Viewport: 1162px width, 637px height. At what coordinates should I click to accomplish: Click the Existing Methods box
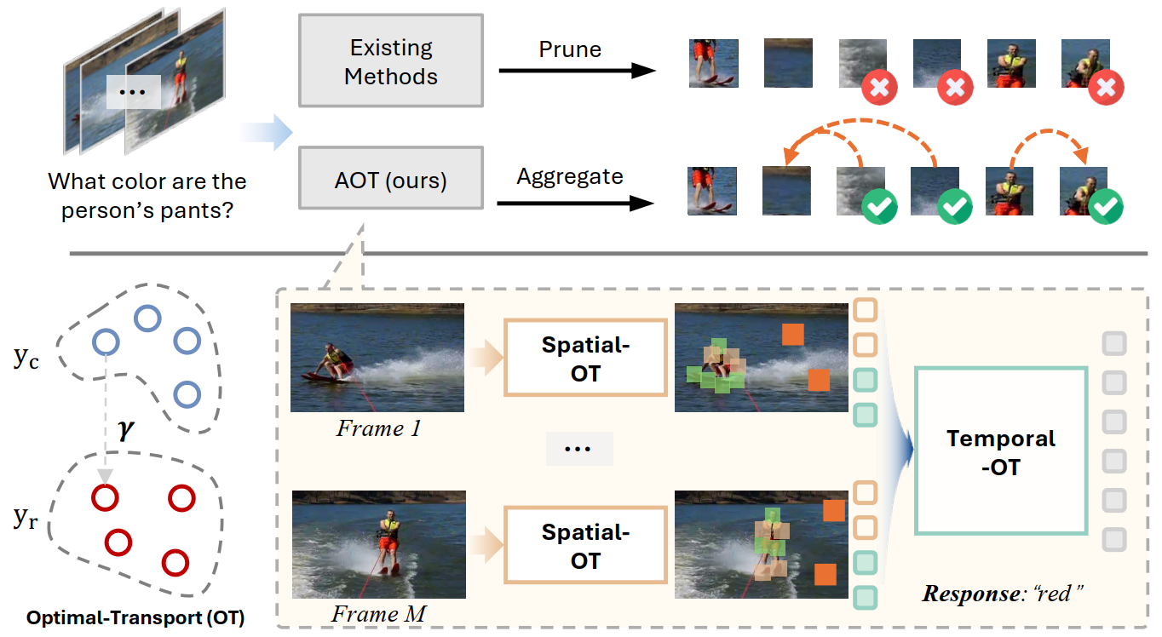click(391, 61)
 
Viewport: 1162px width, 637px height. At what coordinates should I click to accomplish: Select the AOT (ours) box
click(391, 180)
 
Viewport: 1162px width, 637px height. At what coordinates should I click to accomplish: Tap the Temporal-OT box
click(1001, 451)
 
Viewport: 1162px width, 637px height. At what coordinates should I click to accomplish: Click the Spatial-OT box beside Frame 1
click(585, 359)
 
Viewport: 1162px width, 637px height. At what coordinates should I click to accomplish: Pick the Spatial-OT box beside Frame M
click(585, 546)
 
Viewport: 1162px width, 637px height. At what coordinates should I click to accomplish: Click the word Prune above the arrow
click(570, 49)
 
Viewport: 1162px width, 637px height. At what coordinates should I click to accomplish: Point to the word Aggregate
click(570, 177)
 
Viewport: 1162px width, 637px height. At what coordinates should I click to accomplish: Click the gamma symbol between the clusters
click(125, 430)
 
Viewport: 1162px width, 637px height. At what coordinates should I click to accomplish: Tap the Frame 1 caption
click(377, 428)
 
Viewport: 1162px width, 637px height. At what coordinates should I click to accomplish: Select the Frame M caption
click(377, 614)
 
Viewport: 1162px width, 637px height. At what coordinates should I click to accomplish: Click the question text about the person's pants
click(147, 195)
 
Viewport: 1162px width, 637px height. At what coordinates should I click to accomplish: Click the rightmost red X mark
click(1106, 87)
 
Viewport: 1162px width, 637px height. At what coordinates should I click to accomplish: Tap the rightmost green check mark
click(1106, 206)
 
